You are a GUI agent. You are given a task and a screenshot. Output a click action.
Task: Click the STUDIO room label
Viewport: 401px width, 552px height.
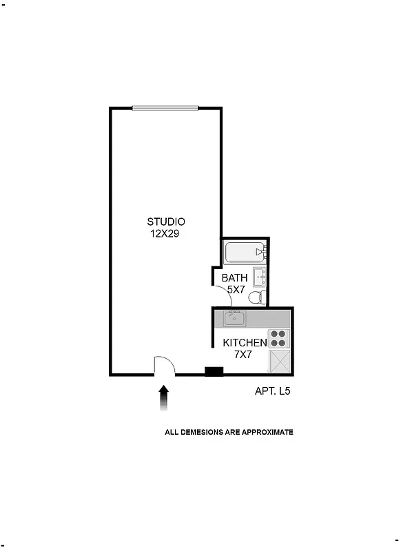(x=166, y=221)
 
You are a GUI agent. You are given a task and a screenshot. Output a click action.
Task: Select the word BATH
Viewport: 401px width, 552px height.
(x=234, y=278)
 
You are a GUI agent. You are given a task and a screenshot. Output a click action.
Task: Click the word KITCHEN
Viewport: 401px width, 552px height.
(x=245, y=343)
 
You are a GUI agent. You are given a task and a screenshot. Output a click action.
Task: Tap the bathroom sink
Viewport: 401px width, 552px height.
(x=260, y=277)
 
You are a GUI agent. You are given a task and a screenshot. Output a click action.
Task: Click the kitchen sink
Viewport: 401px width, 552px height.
(x=234, y=319)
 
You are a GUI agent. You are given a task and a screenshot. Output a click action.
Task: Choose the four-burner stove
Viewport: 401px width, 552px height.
(x=278, y=338)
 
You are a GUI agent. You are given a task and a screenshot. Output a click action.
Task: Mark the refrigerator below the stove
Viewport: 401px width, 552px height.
(x=279, y=361)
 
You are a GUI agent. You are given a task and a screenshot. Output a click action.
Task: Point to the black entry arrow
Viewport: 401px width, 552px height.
(x=163, y=397)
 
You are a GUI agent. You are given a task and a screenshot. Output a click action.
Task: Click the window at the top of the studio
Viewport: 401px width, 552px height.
(x=165, y=108)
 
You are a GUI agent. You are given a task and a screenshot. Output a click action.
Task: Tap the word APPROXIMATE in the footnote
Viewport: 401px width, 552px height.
(x=267, y=433)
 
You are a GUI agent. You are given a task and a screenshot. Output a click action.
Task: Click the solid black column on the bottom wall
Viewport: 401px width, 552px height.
(x=214, y=373)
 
